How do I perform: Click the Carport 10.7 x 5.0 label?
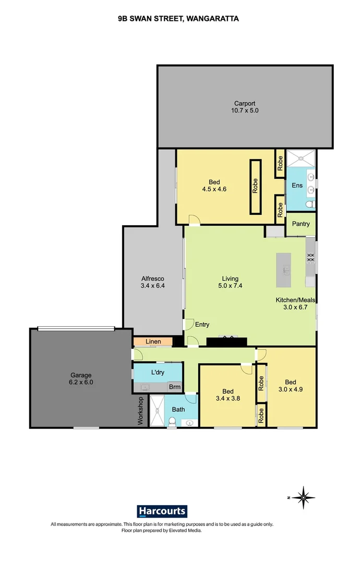point(245,107)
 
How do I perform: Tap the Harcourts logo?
point(162,511)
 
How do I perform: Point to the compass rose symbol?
point(303,498)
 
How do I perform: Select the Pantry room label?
point(301,224)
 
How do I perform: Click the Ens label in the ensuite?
point(296,185)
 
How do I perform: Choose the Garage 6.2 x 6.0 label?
point(81,378)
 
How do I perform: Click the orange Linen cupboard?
point(152,342)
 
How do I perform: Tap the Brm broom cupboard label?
point(174,387)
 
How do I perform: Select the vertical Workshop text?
point(140,411)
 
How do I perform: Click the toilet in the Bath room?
point(172,423)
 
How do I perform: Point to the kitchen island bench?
point(284,270)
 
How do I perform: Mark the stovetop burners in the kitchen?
point(310,258)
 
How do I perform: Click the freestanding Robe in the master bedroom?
point(256,187)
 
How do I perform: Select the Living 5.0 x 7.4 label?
point(230,282)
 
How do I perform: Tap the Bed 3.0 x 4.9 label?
point(290,385)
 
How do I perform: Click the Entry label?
point(202,325)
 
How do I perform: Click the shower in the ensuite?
point(300,158)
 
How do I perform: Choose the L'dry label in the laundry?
point(158,373)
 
